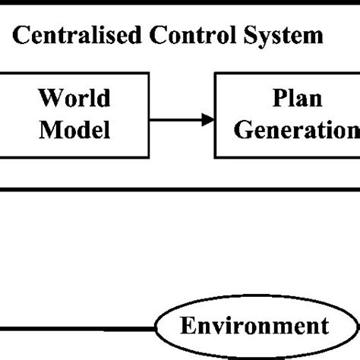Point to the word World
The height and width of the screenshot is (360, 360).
74,98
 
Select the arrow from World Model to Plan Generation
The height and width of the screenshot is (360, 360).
178,118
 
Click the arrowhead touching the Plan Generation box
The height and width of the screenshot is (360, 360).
209,118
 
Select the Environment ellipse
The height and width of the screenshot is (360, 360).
254,327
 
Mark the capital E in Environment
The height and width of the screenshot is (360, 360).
186,327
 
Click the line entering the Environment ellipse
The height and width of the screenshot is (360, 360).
76,329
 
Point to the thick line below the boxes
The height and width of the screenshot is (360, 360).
180,190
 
